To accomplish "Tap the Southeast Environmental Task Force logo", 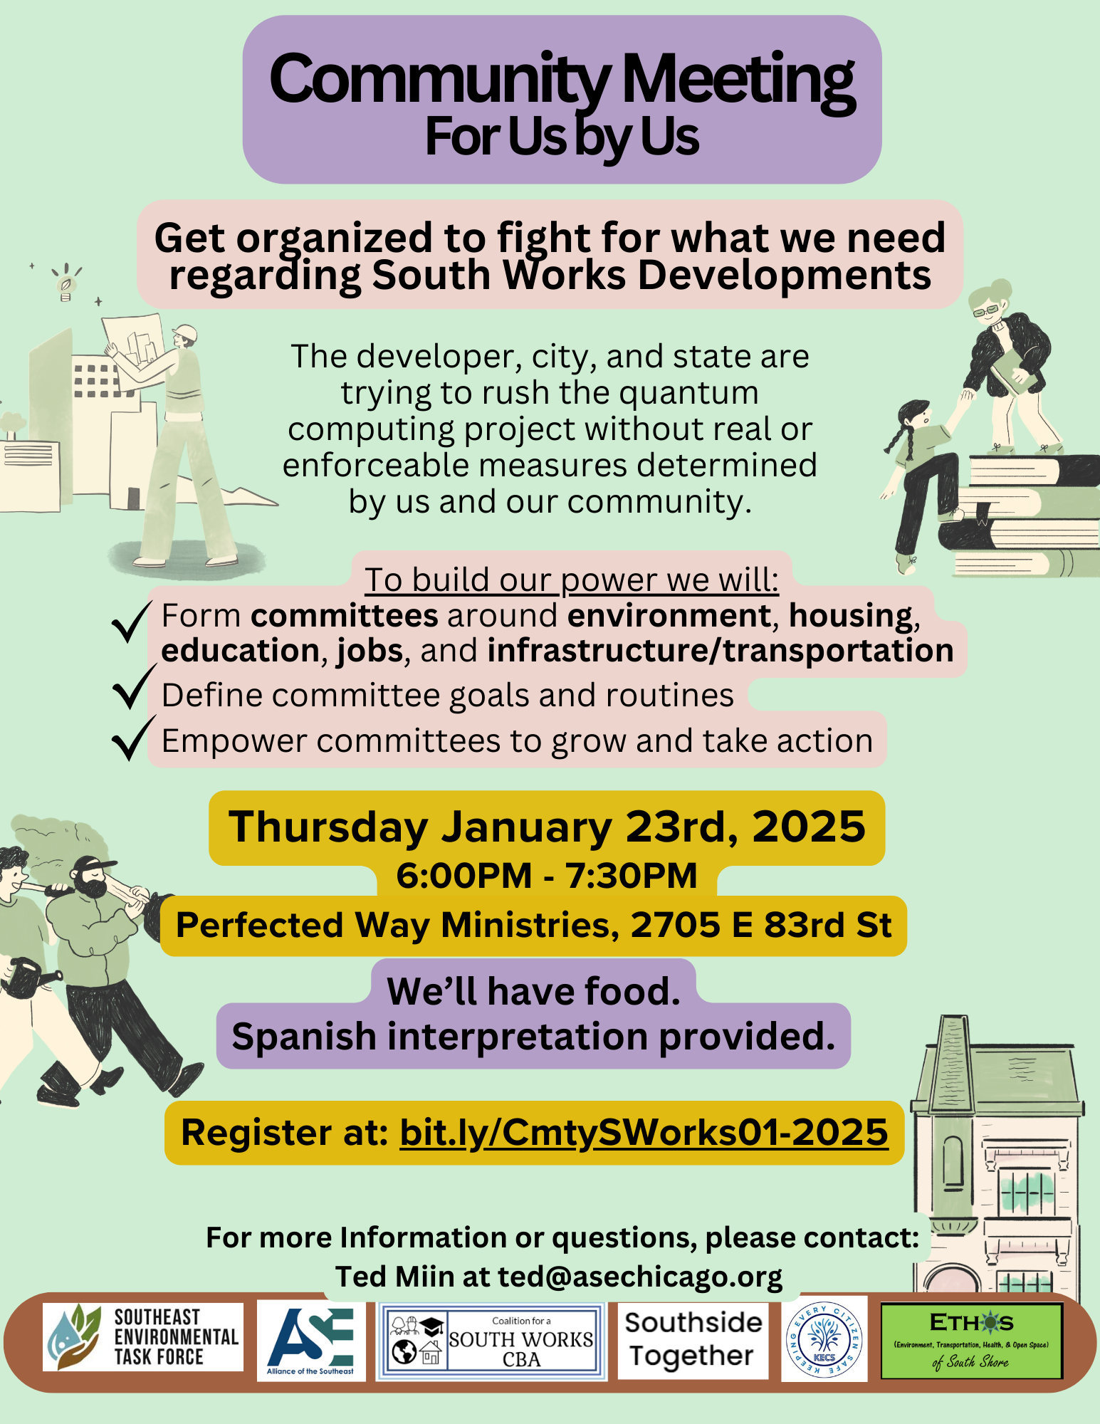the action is (x=143, y=1337).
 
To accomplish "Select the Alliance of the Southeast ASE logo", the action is (x=311, y=1341).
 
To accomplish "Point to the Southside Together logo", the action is (x=693, y=1340).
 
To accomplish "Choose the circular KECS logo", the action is (x=824, y=1339).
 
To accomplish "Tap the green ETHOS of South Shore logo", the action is (x=971, y=1341).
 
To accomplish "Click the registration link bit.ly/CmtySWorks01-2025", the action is (x=644, y=1133).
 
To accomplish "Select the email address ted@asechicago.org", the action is (x=639, y=1277).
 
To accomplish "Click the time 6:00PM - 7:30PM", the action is (x=547, y=875).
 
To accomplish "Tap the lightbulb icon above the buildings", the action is (x=66, y=283).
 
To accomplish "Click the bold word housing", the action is (x=851, y=616).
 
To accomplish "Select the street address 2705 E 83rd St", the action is (x=761, y=925).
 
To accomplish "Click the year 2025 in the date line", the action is (x=809, y=827).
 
